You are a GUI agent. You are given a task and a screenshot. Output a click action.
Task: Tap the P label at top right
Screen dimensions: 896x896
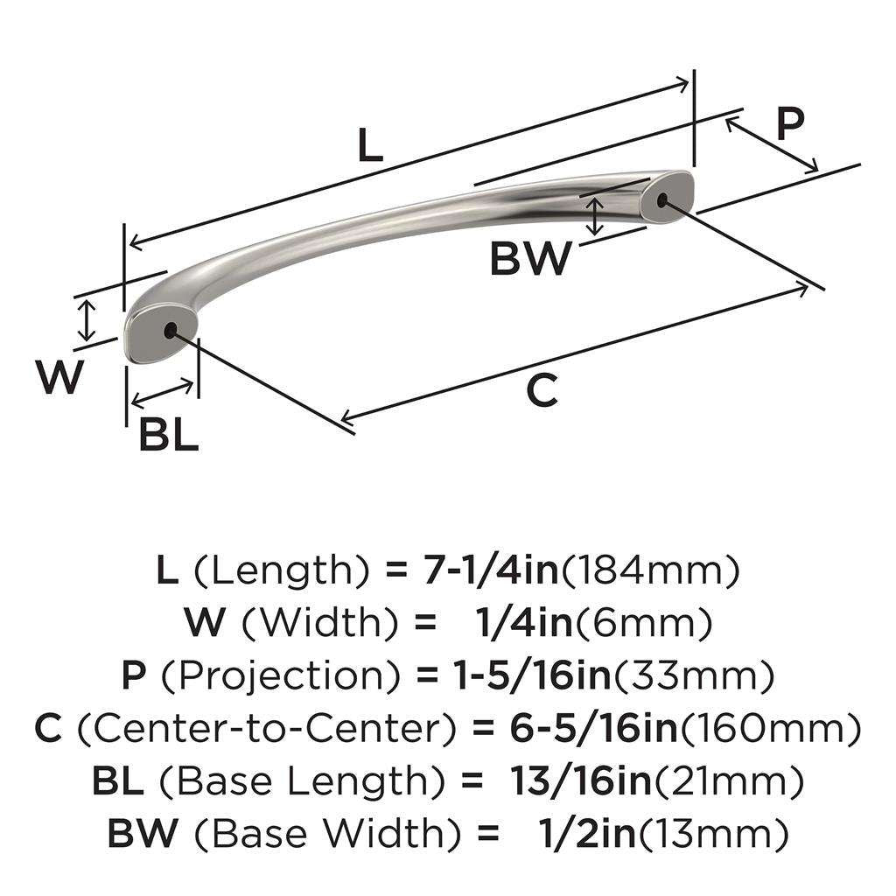click(x=789, y=125)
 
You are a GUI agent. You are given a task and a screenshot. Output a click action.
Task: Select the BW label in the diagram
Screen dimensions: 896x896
click(x=530, y=260)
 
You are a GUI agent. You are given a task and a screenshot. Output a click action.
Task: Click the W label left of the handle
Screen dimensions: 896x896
click(x=60, y=378)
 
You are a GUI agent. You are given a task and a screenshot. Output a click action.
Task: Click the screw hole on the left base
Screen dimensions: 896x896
click(x=169, y=330)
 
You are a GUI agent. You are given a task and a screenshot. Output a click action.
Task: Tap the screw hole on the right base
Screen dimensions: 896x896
click(x=661, y=200)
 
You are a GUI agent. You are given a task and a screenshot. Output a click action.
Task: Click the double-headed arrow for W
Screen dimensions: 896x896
click(x=86, y=320)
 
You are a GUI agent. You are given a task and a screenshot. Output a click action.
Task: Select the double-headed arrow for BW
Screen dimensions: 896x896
click(x=595, y=216)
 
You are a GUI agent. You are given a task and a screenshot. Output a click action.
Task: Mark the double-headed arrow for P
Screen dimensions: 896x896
click(x=772, y=143)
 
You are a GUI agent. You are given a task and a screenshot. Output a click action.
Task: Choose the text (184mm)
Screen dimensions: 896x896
click(x=649, y=571)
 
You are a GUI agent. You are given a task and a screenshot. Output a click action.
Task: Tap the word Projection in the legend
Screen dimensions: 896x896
click(x=269, y=675)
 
